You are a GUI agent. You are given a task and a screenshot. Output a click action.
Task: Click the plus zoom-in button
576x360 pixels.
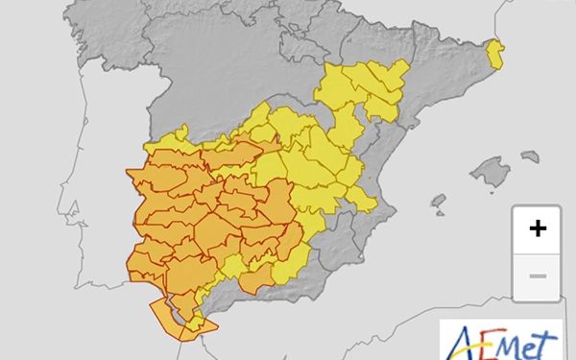[x=538, y=228]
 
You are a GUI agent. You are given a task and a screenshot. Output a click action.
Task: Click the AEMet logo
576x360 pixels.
[x=502, y=341]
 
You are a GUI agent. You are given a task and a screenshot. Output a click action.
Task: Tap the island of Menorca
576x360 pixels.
[x=530, y=156]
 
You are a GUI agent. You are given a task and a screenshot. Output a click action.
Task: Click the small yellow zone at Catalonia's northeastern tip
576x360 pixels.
[x=495, y=53]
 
